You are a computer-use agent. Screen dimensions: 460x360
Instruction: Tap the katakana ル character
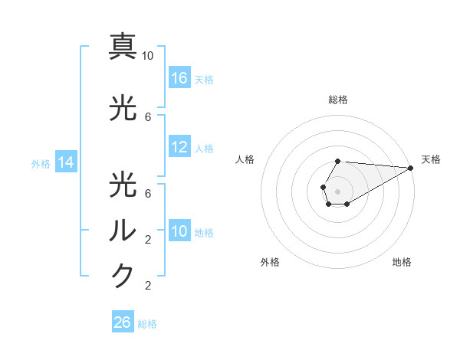(123, 230)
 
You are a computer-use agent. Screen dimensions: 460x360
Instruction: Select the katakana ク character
(123, 276)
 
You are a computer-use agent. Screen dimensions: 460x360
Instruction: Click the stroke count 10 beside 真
(148, 56)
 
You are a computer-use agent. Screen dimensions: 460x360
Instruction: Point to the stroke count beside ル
(148, 240)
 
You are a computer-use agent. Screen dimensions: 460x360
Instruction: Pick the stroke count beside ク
(148, 286)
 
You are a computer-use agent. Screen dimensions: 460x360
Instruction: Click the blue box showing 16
(179, 78)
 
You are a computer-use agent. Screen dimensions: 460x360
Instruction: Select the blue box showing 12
(179, 147)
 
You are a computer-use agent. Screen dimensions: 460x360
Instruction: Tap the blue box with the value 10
(179, 231)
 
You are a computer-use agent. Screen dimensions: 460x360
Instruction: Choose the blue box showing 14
(65, 162)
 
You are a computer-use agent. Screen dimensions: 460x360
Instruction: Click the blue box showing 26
(123, 322)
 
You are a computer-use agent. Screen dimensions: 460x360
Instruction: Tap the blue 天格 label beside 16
(204, 79)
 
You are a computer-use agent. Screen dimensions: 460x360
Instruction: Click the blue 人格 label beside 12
(204, 148)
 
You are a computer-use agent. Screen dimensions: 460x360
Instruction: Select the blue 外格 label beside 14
(41, 163)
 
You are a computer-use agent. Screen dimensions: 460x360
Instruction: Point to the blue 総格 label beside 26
(147, 323)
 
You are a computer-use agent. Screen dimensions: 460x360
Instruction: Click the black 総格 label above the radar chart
(337, 100)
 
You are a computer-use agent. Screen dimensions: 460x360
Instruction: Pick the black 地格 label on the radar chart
(402, 262)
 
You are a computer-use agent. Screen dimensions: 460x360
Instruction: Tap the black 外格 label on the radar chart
(270, 262)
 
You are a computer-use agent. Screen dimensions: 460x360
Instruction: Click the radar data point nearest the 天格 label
(411, 168)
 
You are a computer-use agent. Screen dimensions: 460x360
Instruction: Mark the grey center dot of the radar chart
(337, 191)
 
